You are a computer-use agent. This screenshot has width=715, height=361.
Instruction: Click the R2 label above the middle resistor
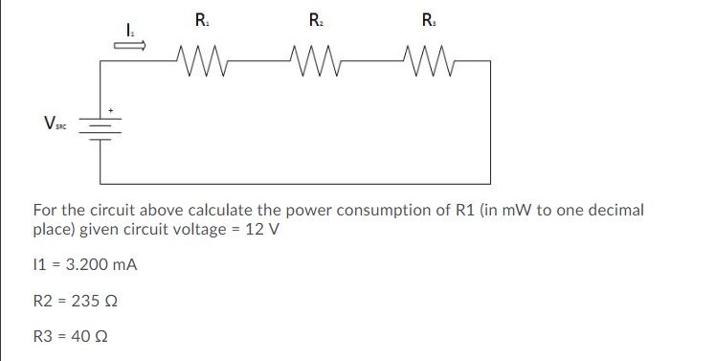(316, 19)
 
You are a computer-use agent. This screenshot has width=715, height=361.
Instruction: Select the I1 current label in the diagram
(129, 33)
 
